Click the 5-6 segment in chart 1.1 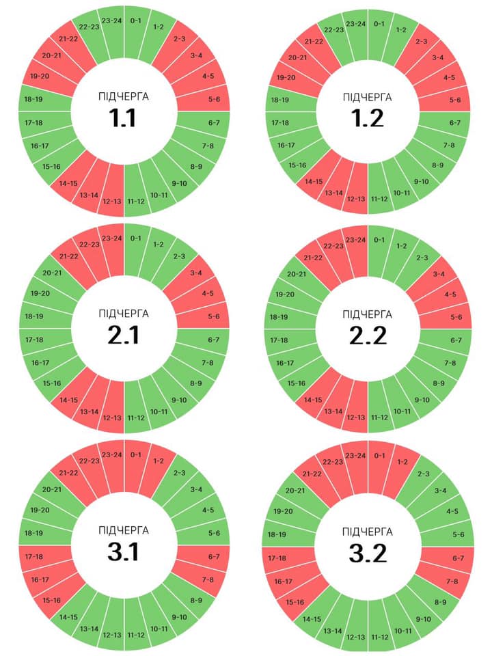pyautogui.click(x=214, y=100)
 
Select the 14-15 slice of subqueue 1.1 pyautogui.click(x=68, y=183)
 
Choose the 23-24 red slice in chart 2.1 pyautogui.click(x=112, y=238)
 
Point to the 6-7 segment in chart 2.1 pyautogui.click(x=214, y=340)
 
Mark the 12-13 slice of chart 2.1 pyautogui.click(x=112, y=418)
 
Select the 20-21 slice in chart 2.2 pyautogui.click(x=296, y=273)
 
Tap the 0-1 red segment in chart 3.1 pyautogui.click(x=135, y=454)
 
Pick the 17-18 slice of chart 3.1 pyautogui.click(x=34, y=556)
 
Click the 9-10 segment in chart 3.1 pyautogui.click(x=180, y=618)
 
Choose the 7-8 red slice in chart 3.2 pyautogui.click(x=452, y=582)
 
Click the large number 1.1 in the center pyautogui.click(x=124, y=118)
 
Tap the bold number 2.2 pyautogui.click(x=368, y=336)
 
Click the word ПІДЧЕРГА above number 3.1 pyautogui.click(x=124, y=530)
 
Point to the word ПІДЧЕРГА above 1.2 pyautogui.click(x=368, y=98)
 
